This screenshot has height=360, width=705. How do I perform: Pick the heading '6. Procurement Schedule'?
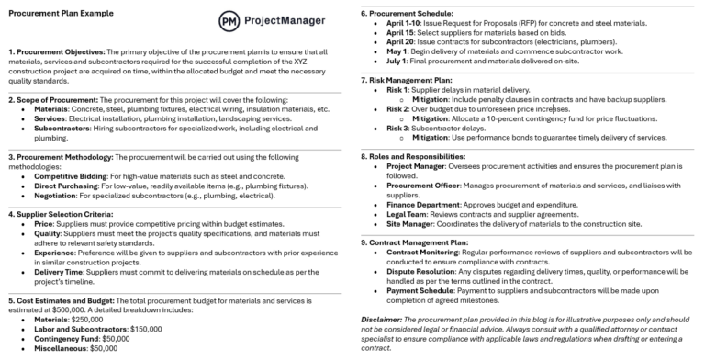tap(408, 14)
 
